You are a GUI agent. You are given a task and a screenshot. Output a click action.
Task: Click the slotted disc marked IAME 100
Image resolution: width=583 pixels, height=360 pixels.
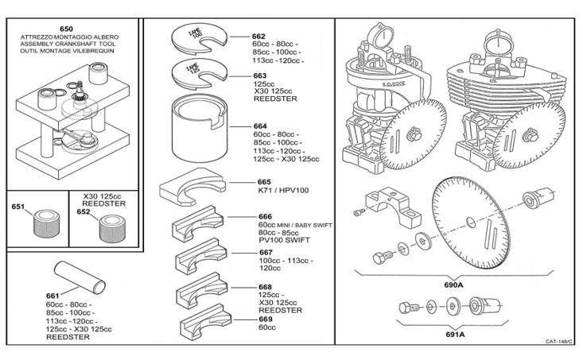point(199,40)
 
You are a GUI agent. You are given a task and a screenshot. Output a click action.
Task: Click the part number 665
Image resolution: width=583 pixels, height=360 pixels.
point(264,182)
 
